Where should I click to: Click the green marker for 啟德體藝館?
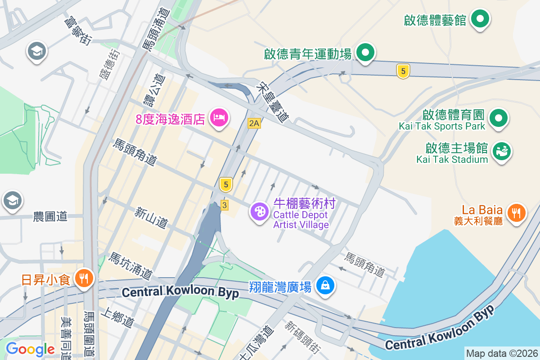(x=480, y=19)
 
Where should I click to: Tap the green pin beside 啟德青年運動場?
(x=365, y=53)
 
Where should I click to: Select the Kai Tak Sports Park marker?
(x=498, y=118)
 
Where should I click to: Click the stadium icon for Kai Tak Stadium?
(x=502, y=150)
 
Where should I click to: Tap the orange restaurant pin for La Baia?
(x=516, y=212)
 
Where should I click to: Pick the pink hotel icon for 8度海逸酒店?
(x=219, y=118)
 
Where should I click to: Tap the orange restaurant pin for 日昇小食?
(x=83, y=278)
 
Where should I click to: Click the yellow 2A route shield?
(x=254, y=123)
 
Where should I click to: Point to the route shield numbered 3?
(x=224, y=205)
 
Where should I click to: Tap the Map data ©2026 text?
(x=501, y=354)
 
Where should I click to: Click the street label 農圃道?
(x=50, y=216)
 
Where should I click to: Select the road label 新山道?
(x=151, y=217)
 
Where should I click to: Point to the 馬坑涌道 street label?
(x=130, y=265)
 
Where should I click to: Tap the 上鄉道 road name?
(x=118, y=317)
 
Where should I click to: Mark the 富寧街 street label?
(x=77, y=31)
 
